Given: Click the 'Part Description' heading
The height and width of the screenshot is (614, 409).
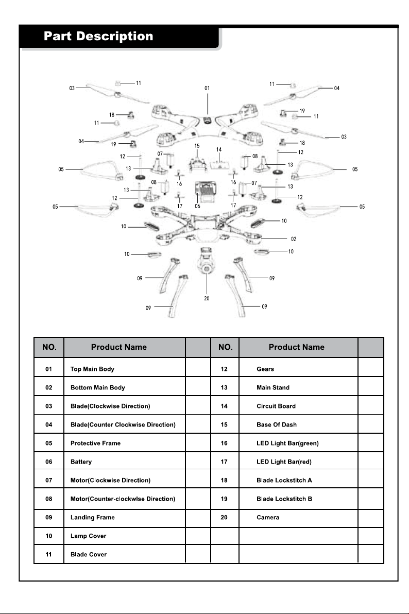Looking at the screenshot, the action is [98, 37].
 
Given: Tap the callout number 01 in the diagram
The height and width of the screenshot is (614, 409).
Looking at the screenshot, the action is [207, 88].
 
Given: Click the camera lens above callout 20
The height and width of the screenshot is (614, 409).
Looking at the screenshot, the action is [207, 269].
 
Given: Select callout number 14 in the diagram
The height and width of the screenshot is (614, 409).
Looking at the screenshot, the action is [218, 149].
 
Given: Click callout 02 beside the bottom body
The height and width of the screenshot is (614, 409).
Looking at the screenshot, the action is [294, 239].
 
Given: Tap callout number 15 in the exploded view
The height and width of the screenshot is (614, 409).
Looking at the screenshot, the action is [197, 146].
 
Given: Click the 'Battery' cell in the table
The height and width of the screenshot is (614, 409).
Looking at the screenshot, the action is [81, 462].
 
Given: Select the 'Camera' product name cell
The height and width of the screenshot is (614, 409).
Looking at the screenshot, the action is [268, 517].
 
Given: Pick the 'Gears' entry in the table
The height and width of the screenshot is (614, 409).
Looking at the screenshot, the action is [265, 369].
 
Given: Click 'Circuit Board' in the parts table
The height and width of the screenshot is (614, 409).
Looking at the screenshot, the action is [276, 406].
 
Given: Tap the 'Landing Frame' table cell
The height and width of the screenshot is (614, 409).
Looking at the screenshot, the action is [92, 517].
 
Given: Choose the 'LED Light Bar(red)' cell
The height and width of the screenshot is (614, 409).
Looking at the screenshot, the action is [284, 462].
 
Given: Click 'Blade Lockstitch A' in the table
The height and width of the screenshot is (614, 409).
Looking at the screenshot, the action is [284, 480].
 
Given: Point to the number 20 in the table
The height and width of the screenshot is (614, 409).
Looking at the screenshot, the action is [224, 517].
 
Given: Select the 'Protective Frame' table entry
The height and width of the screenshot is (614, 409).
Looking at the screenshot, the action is [96, 444].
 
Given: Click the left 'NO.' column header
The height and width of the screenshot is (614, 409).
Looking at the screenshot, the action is [49, 347].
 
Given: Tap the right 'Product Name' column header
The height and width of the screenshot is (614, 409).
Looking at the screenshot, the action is [297, 347].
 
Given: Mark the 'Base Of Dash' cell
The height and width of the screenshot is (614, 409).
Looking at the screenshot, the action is [277, 424].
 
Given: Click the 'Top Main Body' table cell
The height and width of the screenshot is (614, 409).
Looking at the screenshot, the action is [92, 369].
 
